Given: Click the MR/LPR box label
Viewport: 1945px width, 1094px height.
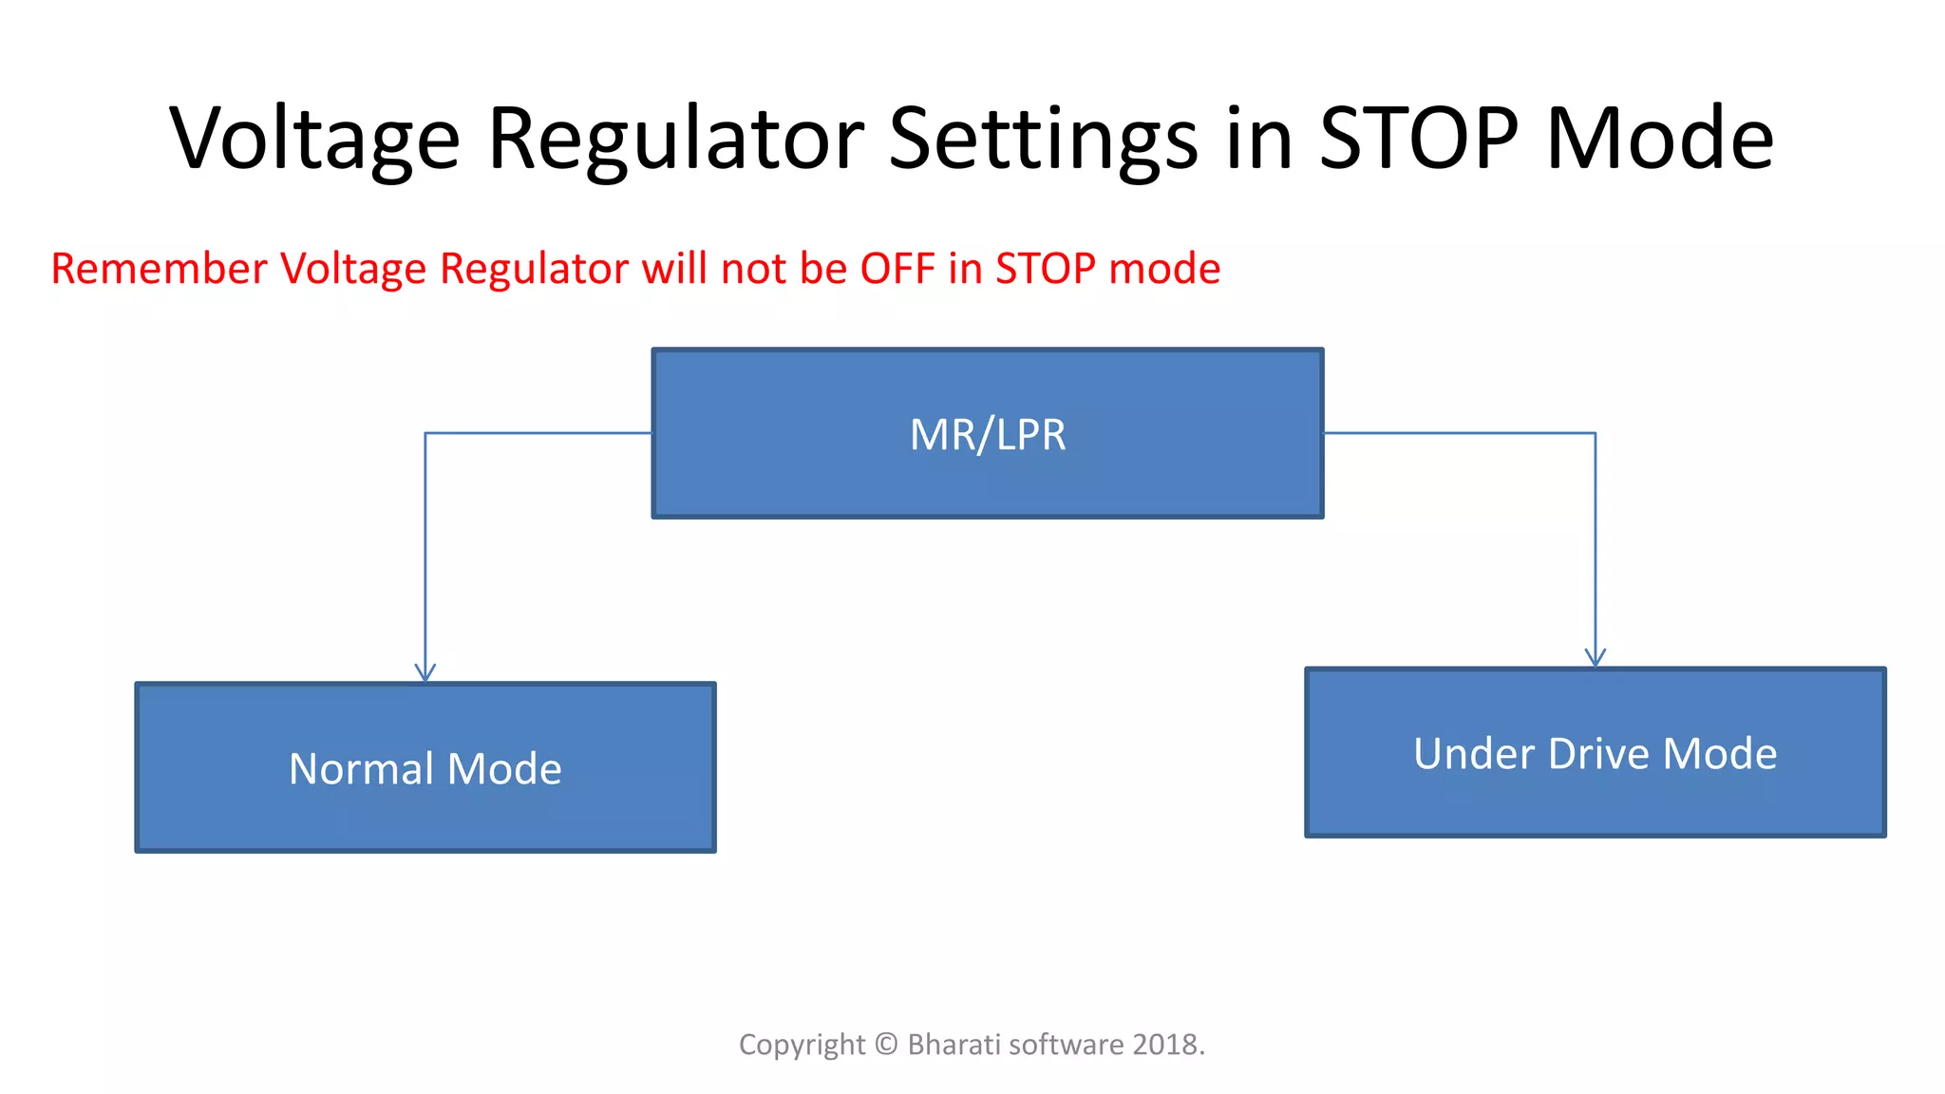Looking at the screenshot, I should click(x=987, y=435).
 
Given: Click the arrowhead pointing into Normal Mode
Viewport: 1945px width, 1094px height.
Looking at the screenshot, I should click(x=425, y=672).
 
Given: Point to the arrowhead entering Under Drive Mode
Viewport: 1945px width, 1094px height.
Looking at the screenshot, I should click(x=1595, y=657).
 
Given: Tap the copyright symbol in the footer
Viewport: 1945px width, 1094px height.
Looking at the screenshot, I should click(x=886, y=1045).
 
